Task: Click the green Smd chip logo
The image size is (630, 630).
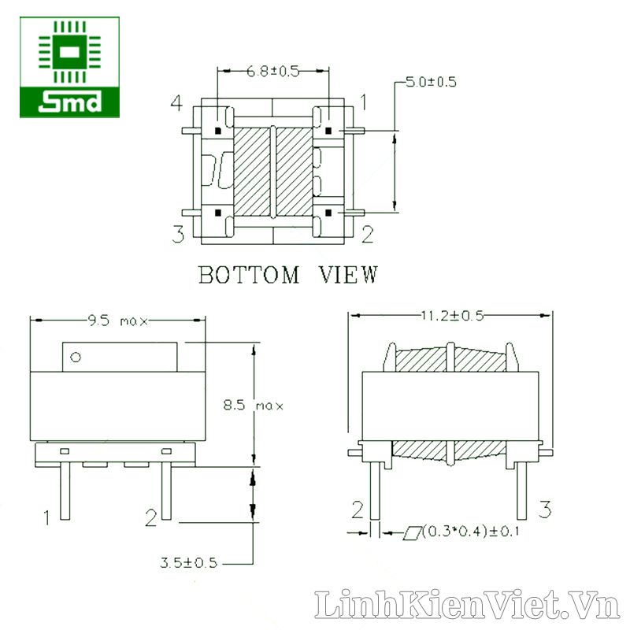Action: (x=69, y=67)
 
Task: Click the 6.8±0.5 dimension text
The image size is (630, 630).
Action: (x=272, y=72)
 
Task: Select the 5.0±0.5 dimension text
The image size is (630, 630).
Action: (x=431, y=82)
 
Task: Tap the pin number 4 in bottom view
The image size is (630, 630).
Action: (x=176, y=102)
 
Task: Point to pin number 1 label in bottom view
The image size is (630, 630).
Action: (x=363, y=102)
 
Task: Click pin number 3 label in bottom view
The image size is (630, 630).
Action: (x=178, y=234)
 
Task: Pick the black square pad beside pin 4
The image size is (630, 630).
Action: (x=218, y=131)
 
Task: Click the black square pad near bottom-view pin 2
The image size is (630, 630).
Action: (x=328, y=213)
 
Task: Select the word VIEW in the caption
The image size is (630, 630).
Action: (x=348, y=274)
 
